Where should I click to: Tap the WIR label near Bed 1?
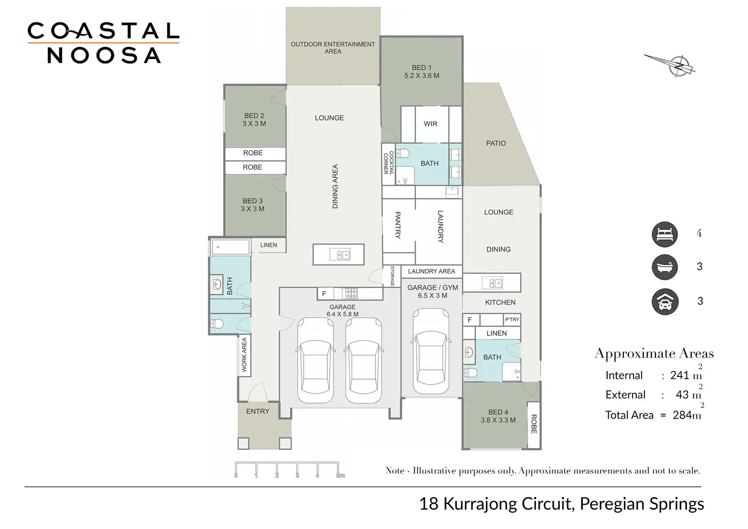point(430,123)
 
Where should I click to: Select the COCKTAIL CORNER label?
point(389,163)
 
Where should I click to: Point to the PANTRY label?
point(398,225)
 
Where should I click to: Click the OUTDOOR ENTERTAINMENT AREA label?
point(333,48)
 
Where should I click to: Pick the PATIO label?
point(496,143)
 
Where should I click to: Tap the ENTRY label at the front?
point(258,411)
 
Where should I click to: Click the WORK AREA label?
point(244,355)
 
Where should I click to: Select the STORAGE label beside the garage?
point(392,276)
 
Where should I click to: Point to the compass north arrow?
point(671,65)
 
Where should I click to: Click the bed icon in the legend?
point(665,234)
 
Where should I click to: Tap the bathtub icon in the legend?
point(665,267)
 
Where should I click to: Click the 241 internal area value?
point(679,375)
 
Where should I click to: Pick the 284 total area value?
point(682,415)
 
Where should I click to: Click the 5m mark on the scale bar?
point(339,475)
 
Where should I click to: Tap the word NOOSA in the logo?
point(104,55)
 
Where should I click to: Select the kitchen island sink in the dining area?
point(339,254)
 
